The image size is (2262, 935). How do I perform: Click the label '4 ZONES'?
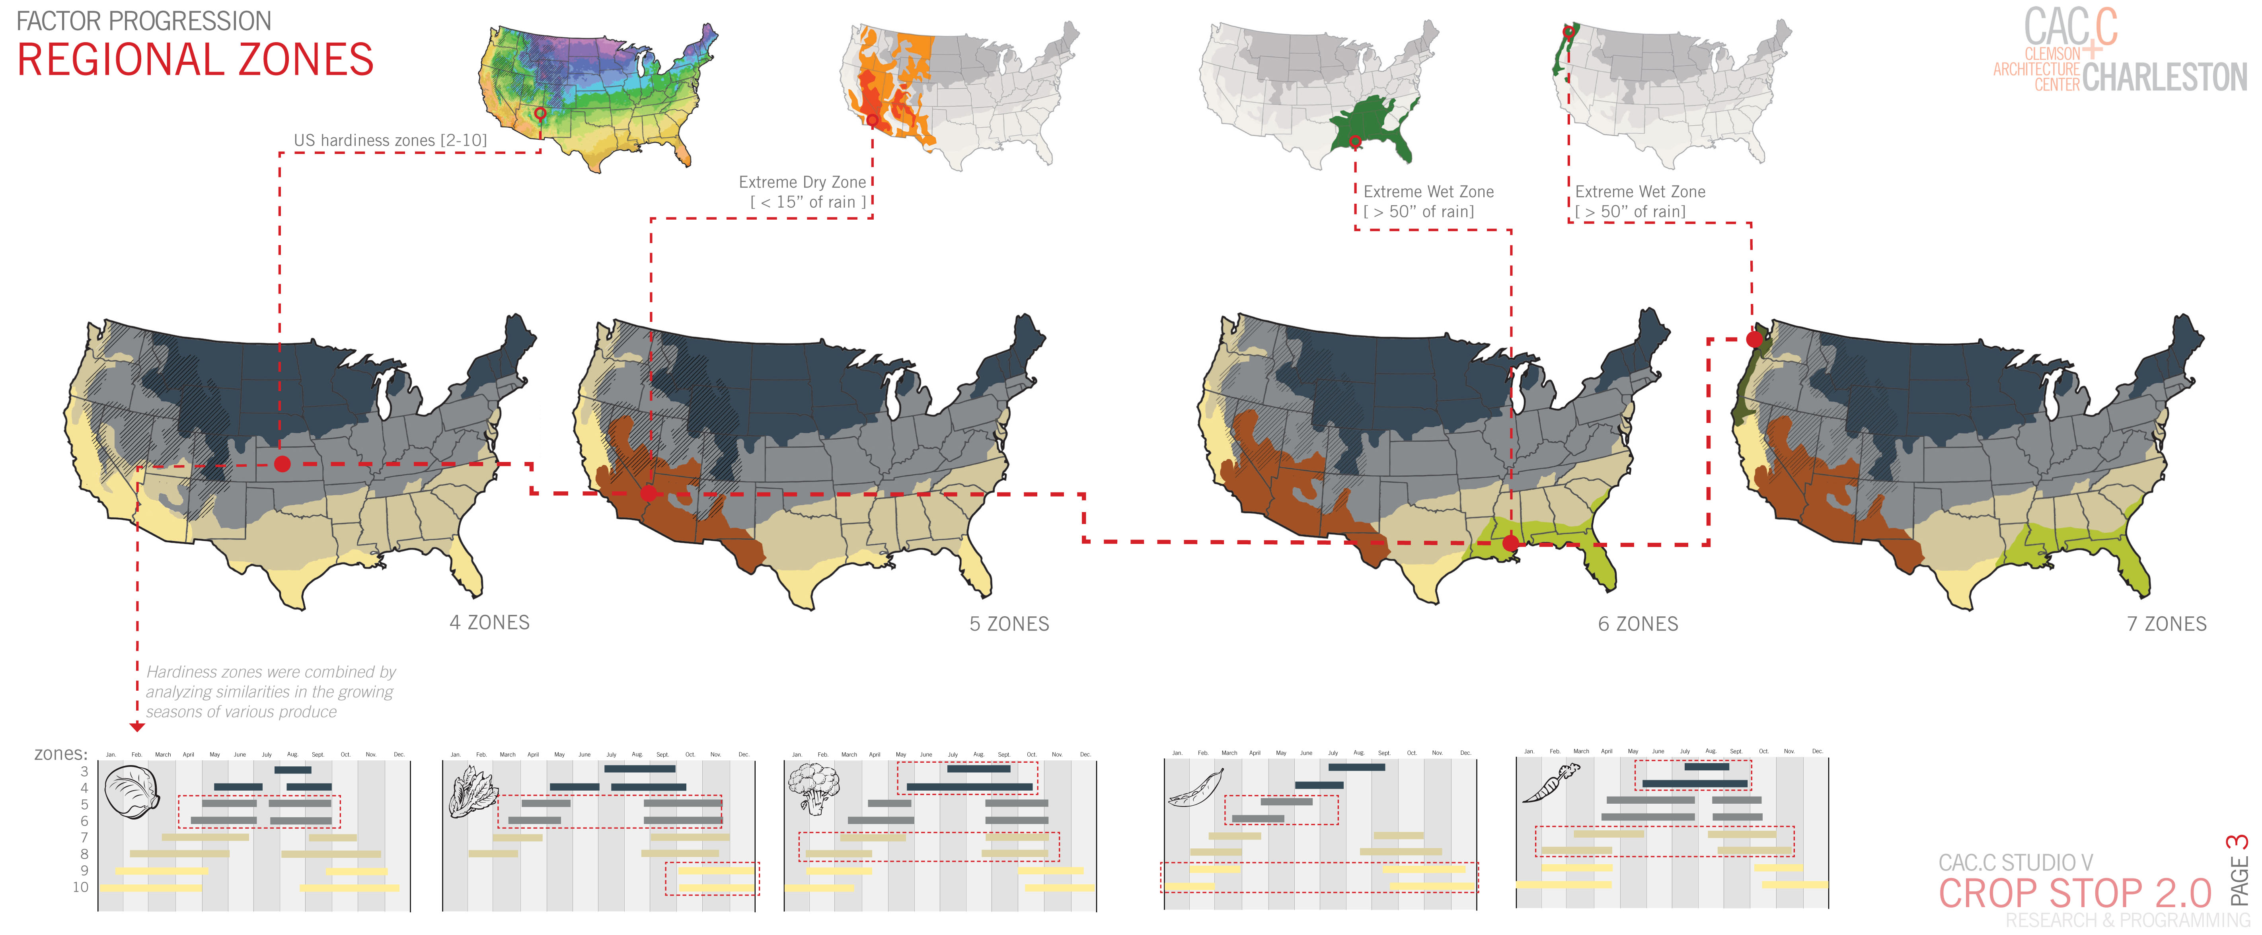[x=489, y=622]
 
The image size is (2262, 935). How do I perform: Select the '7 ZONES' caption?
[x=2166, y=624]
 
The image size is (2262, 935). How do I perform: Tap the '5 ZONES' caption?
[x=1009, y=624]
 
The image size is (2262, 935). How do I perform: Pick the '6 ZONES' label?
[x=1638, y=624]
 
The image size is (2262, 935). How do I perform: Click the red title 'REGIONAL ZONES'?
[x=195, y=60]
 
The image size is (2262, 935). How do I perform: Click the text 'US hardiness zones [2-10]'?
[x=390, y=140]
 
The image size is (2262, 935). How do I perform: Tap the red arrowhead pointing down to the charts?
[x=137, y=727]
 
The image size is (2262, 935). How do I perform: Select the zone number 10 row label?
[x=81, y=887]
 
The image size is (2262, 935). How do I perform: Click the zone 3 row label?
[x=84, y=771]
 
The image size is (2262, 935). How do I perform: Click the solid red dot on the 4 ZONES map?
[x=282, y=464]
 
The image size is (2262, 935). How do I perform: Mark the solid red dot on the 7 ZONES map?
[x=1753, y=339]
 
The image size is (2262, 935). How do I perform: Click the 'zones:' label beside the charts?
[x=60, y=753]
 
